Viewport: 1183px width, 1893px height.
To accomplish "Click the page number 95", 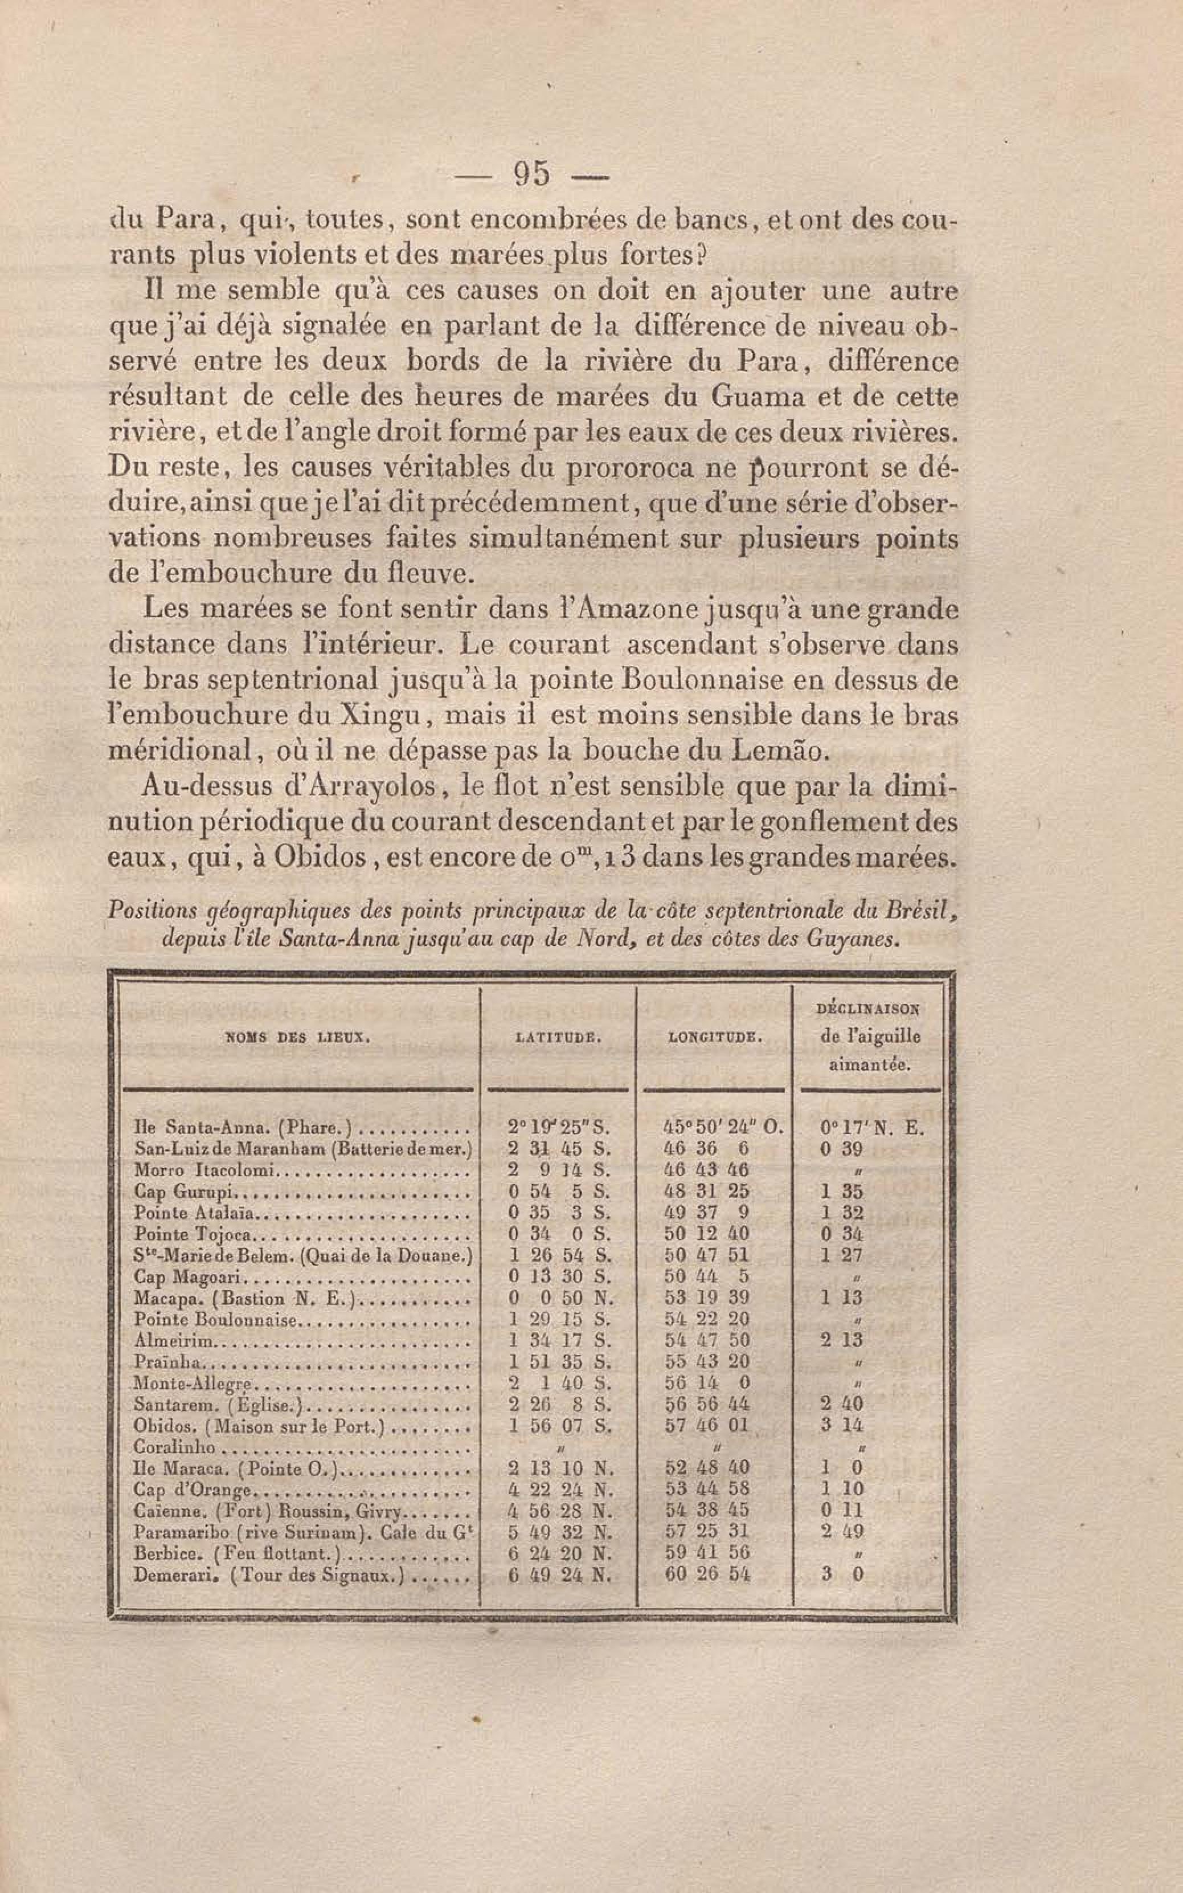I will click(x=531, y=174).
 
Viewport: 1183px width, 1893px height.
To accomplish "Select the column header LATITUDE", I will click(x=558, y=1038).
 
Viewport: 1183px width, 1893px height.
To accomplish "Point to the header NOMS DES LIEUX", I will click(x=297, y=1038).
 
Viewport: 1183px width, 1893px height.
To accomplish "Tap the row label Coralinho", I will click(x=174, y=1449).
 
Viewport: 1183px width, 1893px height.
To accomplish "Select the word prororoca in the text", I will click(x=626, y=469).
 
